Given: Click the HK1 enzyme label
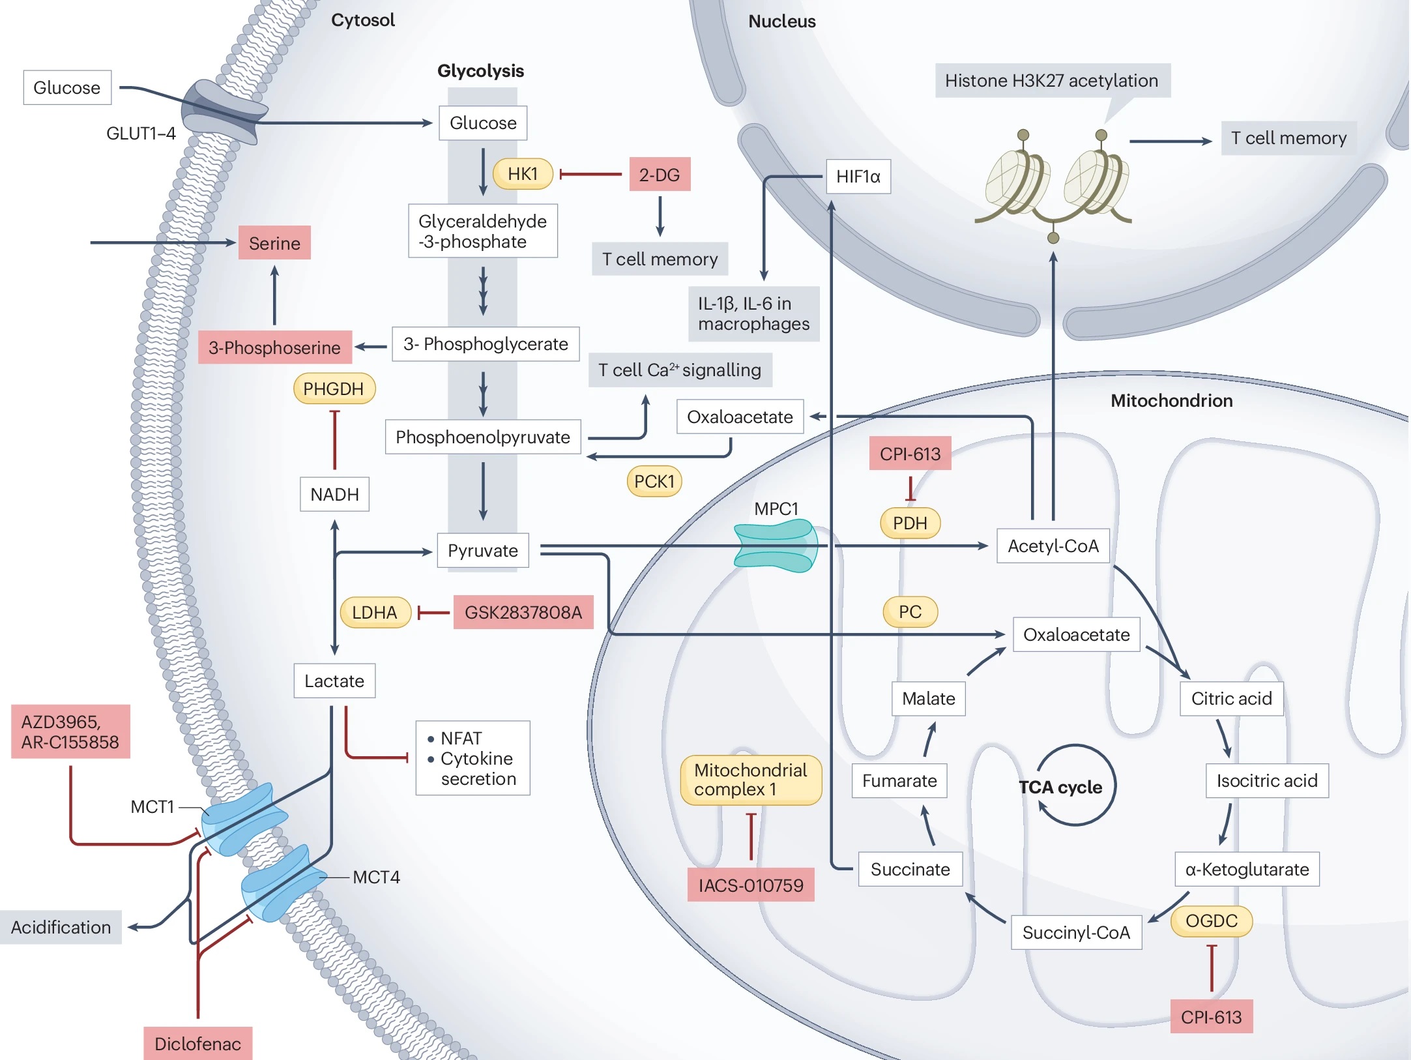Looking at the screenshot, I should (x=523, y=174).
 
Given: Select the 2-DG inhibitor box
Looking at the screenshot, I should (x=660, y=175).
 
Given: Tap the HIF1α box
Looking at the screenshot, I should (x=858, y=177).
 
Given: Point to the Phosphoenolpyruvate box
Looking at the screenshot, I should (x=482, y=437).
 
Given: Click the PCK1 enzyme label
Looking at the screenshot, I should (x=654, y=481).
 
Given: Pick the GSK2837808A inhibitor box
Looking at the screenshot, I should (x=523, y=612).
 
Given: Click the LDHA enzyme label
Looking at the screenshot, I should (x=375, y=612).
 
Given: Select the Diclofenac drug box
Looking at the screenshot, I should (x=197, y=1043).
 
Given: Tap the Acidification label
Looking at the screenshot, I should (x=61, y=927).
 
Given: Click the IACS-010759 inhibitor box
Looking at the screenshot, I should (x=751, y=885).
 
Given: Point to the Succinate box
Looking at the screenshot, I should (x=910, y=869).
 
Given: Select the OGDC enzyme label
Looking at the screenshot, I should (x=1211, y=921).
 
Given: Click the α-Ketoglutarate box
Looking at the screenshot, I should (x=1247, y=869).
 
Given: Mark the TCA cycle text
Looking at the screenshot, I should (x=1060, y=788).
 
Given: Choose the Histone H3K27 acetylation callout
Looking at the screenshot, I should (x=1051, y=81).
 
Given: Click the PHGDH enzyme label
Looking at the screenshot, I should (x=334, y=389).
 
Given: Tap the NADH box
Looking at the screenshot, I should (x=334, y=494).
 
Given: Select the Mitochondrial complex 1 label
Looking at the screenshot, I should (x=751, y=780).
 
